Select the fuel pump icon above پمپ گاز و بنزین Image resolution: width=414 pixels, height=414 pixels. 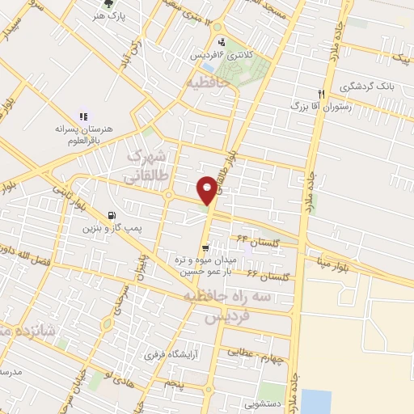coord(110,215)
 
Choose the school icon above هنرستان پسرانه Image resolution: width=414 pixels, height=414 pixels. coord(83,116)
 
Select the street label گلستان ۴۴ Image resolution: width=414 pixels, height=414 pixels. coord(253,239)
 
